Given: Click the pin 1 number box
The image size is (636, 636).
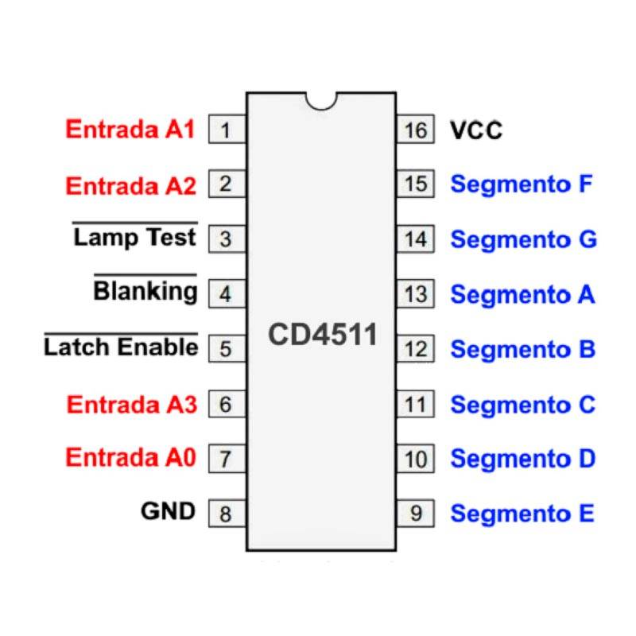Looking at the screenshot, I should [227, 130].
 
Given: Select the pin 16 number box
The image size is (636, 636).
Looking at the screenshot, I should [415, 130].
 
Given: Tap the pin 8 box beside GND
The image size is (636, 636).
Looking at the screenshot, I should [227, 514].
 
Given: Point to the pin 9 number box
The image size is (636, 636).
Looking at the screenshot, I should [415, 514].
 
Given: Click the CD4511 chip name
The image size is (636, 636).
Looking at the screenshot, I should [322, 335].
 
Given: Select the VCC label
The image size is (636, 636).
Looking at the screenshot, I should [476, 130].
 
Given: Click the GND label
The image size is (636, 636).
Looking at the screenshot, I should [168, 511].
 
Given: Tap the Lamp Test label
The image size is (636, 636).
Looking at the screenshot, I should [134, 237].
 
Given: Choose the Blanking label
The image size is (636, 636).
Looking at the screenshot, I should [145, 291].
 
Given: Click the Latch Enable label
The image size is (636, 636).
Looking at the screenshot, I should [121, 347].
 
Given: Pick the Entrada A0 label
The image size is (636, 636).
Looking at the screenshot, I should [130, 458].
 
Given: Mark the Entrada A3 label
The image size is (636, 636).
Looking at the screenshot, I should [131, 404].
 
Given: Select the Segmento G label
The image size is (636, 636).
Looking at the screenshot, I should [523, 239].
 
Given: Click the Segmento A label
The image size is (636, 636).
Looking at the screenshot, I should [522, 295].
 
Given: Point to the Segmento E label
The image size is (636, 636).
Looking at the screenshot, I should [522, 514].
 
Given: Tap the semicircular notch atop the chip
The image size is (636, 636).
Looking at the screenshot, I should [321, 99].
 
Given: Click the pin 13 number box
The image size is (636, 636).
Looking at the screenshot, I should [415, 294].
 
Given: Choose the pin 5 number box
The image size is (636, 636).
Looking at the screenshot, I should [227, 348].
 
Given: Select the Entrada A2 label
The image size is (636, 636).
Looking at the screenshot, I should [130, 186].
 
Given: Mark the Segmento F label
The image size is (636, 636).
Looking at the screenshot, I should [522, 184].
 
